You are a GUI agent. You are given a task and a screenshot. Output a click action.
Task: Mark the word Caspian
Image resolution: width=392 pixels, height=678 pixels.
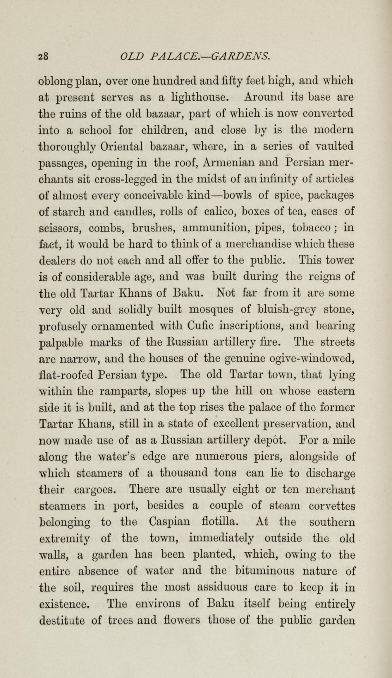[x=169, y=522]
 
